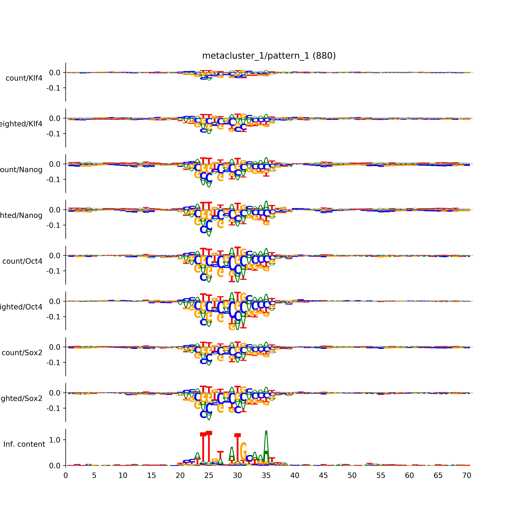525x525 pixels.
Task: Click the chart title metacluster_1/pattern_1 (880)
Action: point(269,56)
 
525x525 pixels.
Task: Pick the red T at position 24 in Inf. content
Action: point(203,448)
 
